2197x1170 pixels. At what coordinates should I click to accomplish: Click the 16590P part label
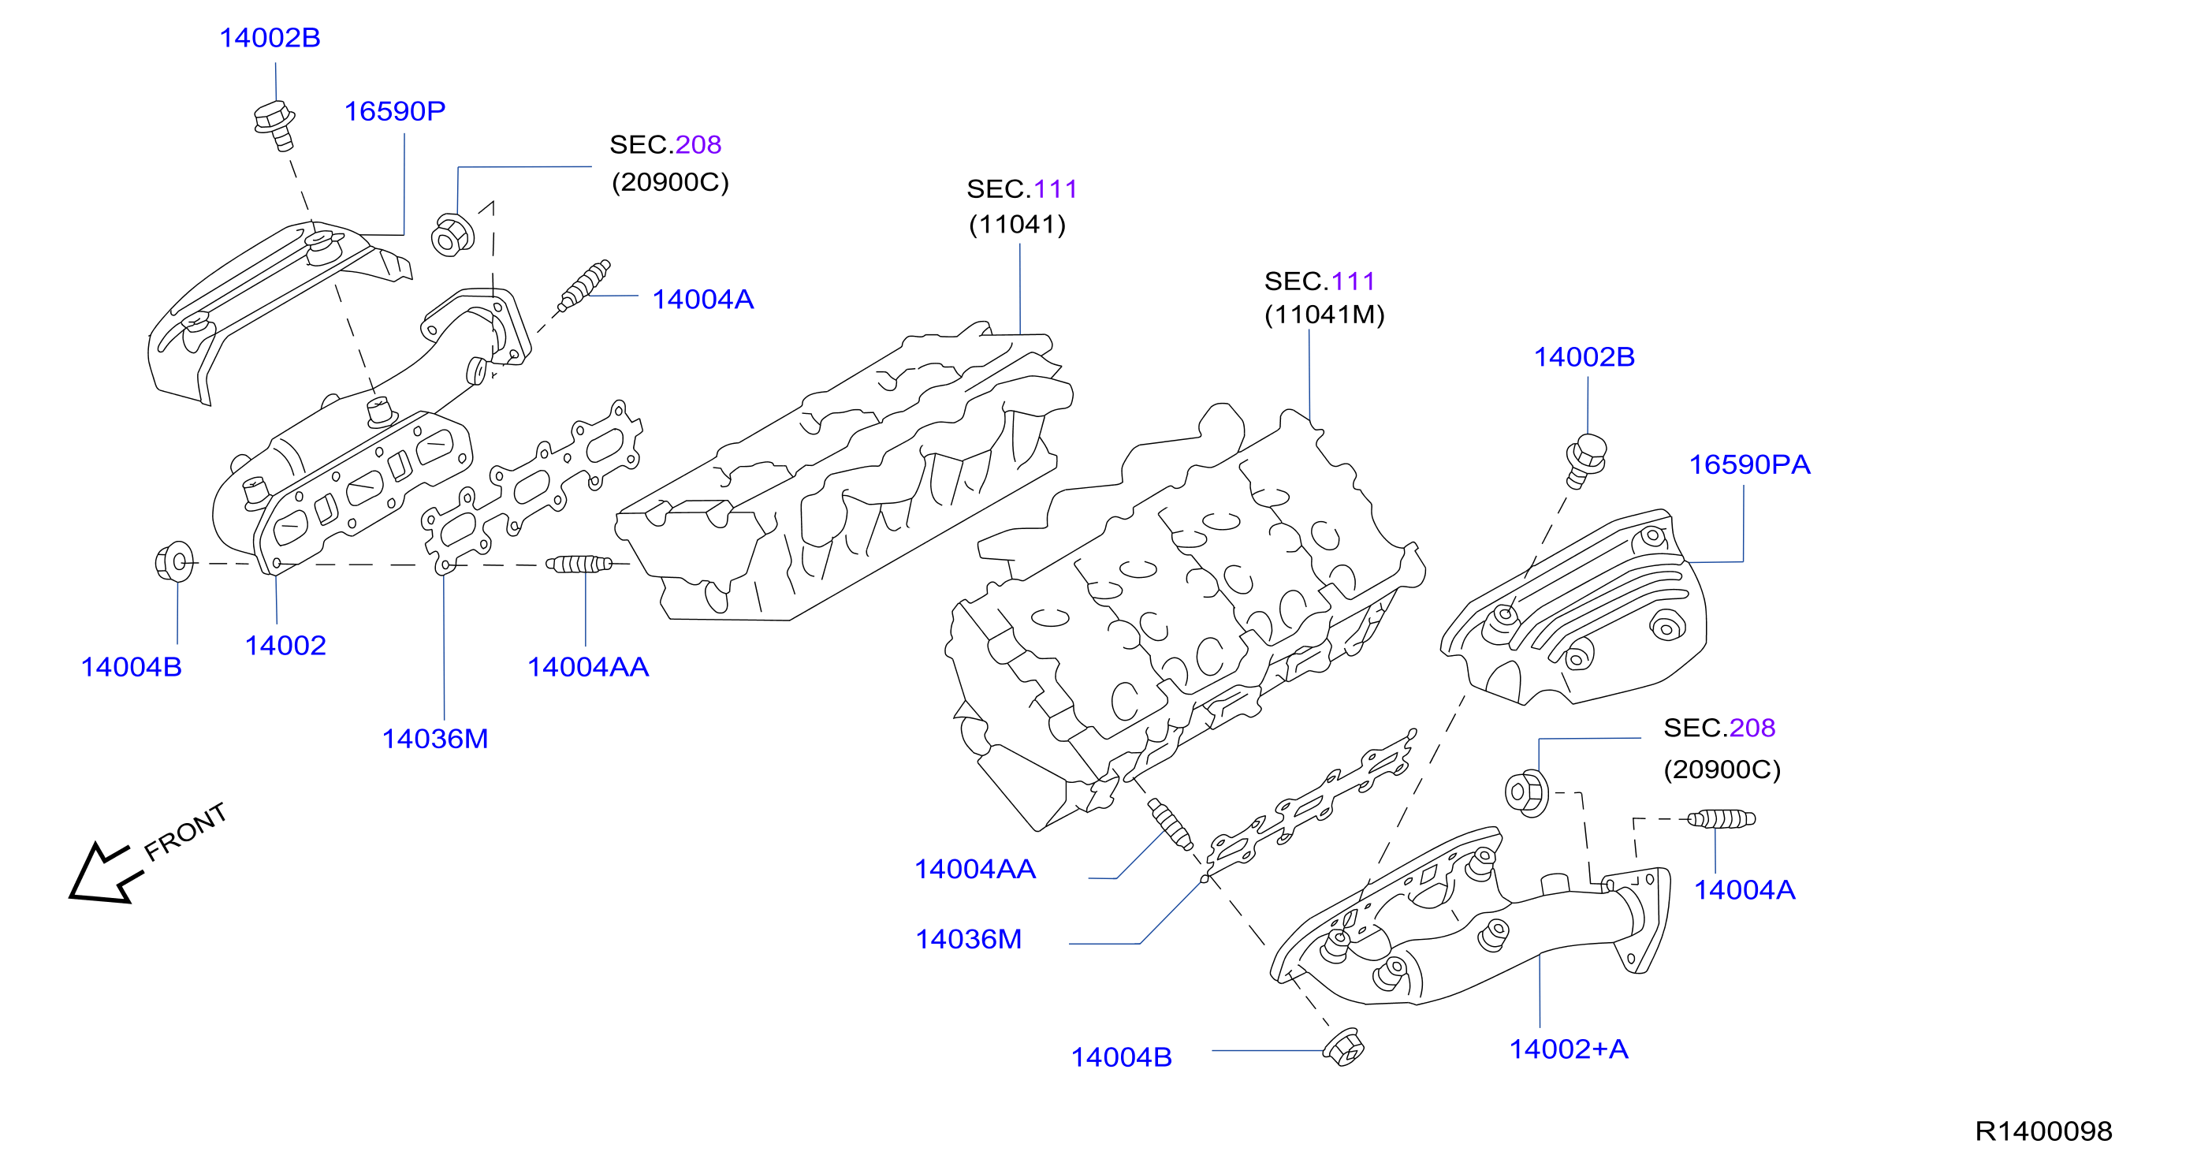394,111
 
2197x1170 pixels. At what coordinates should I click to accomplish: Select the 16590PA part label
1749,464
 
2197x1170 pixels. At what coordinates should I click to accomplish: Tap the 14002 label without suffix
285,646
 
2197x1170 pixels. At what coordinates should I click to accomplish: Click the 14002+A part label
1569,1049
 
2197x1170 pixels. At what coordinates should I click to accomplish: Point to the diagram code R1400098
2043,1131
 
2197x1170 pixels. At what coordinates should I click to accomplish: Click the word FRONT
185,833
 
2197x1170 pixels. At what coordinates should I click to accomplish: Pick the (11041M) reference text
1324,315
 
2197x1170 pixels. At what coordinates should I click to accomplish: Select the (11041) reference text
1018,224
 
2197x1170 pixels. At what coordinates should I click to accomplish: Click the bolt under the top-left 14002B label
275,125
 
